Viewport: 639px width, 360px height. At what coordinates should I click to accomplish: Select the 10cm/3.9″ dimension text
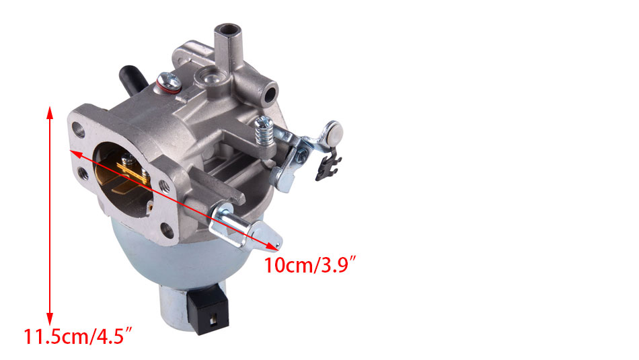(311, 265)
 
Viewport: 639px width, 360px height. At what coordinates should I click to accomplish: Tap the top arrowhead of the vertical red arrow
(50, 112)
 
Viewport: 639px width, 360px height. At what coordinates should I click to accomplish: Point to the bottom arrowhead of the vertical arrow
(50, 319)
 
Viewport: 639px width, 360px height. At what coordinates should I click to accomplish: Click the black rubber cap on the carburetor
(133, 79)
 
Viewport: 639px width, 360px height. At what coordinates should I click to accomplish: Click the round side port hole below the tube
(270, 94)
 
